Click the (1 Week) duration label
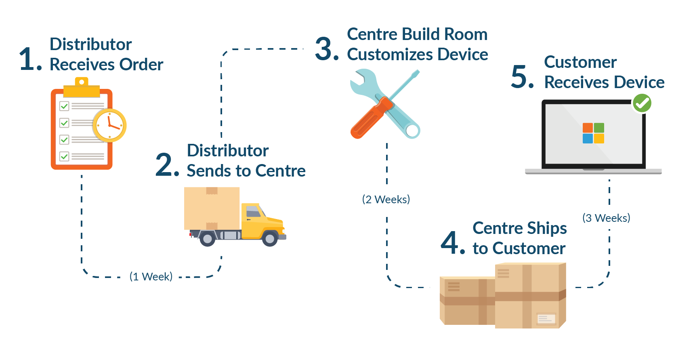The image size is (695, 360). [151, 276]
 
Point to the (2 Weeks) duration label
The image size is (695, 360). [386, 199]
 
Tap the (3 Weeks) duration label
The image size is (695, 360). [606, 218]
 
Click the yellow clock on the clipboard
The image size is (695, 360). [109, 125]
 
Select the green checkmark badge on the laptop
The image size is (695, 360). [642, 103]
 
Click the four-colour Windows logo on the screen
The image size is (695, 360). [593, 133]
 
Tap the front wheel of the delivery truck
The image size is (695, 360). [269, 238]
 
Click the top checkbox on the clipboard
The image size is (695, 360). [64, 106]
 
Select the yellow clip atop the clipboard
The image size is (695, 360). [82, 88]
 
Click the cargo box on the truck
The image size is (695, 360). [212, 208]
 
